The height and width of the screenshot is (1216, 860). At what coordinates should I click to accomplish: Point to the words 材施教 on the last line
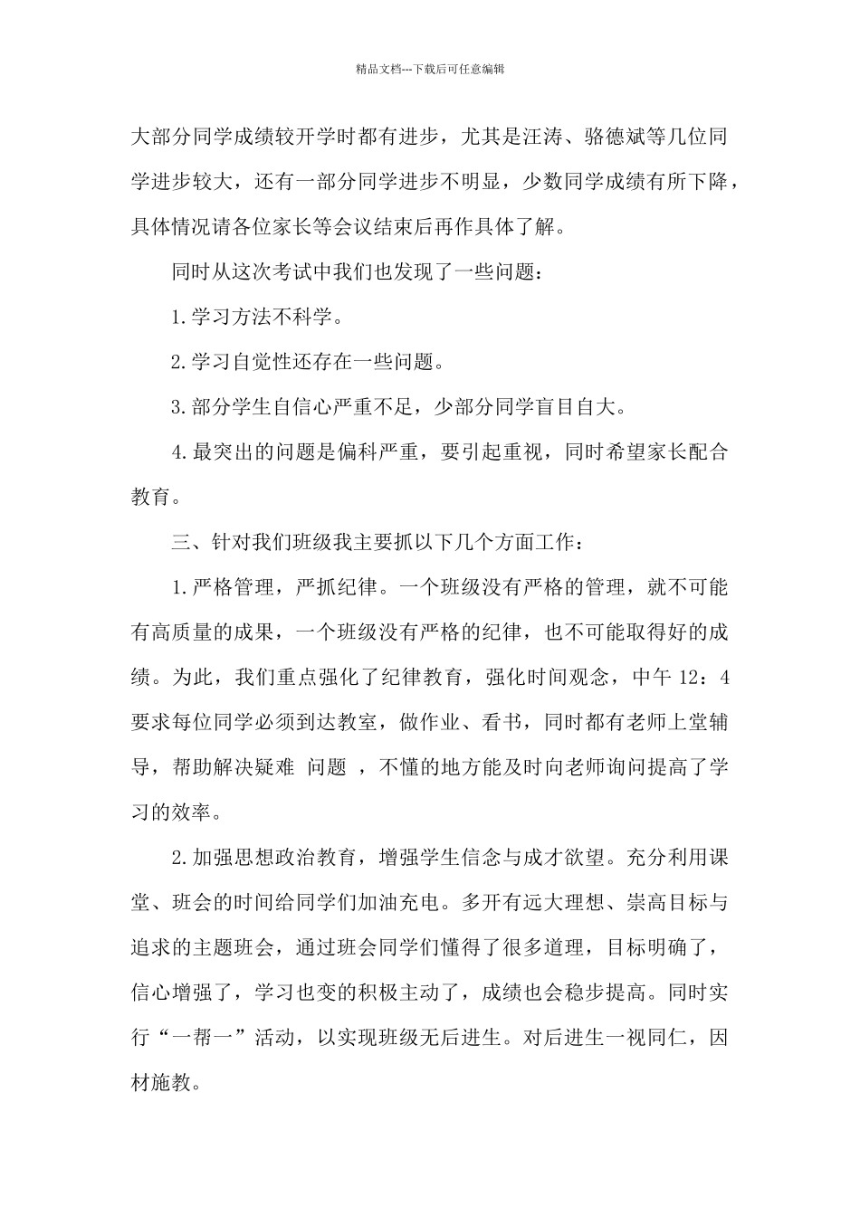tap(172, 1081)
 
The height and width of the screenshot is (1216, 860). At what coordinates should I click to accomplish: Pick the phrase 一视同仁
tap(643, 1037)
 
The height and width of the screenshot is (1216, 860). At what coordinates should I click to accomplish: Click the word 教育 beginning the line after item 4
tap(151, 498)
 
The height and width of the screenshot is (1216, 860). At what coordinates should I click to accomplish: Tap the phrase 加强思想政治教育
tap(274, 857)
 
